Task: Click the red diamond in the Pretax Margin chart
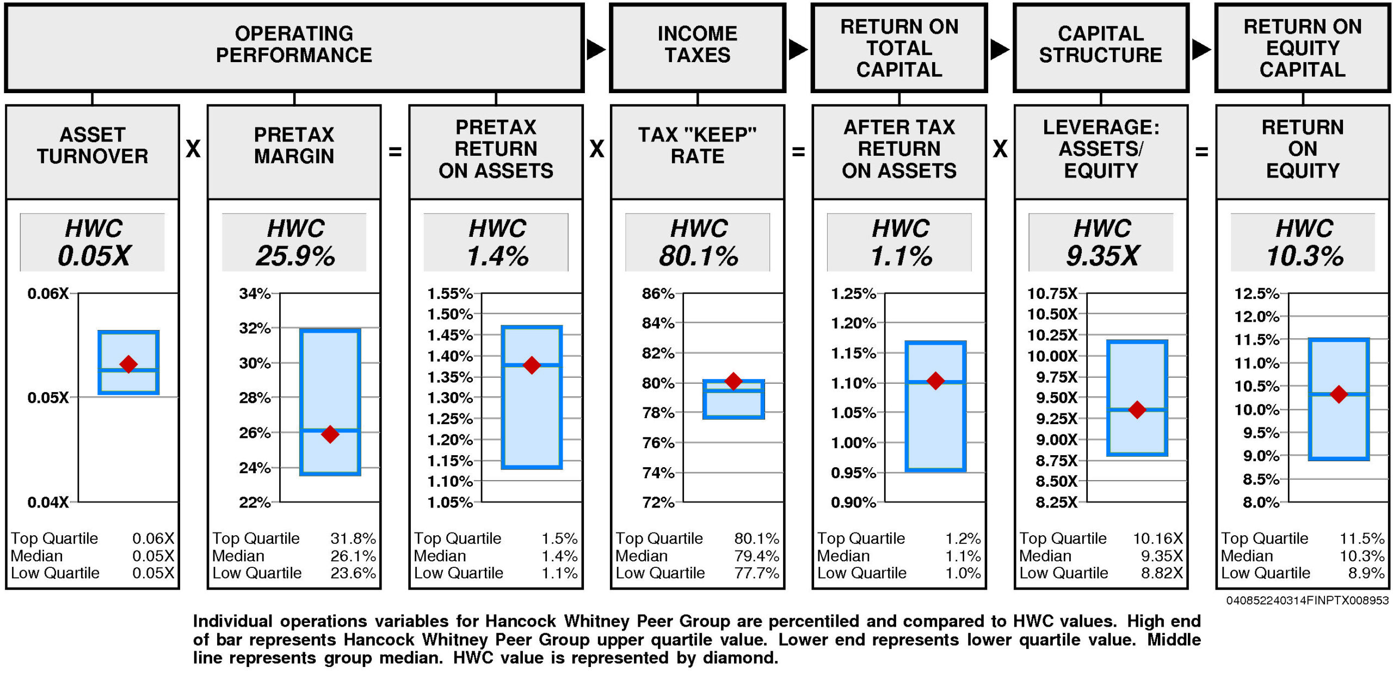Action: [x=330, y=434]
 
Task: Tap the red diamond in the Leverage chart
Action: [x=1137, y=409]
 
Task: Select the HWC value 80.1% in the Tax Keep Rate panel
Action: [x=698, y=256]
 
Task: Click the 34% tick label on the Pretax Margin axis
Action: [x=255, y=293]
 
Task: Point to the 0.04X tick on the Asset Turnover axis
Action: [x=48, y=502]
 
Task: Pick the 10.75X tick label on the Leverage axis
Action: [x=1052, y=293]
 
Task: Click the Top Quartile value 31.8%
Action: [x=353, y=539]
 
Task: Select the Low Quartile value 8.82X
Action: [x=1162, y=573]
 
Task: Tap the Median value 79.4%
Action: [x=756, y=556]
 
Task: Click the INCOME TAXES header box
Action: [x=698, y=47]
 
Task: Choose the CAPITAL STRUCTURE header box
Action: [x=1101, y=47]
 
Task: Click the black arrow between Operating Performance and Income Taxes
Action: [x=596, y=50]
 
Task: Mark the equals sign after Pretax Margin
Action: [x=395, y=151]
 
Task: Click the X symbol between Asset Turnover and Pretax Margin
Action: [x=193, y=149]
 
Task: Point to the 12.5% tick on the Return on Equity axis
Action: [x=1256, y=293]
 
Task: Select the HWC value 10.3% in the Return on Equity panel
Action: [x=1304, y=256]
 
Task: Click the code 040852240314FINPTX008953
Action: [x=1307, y=601]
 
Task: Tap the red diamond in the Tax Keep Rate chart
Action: [x=734, y=381]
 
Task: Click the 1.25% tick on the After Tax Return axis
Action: [x=853, y=293]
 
